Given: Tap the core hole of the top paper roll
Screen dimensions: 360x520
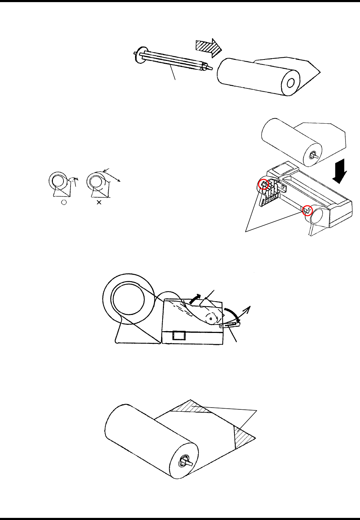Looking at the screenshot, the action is [291, 83].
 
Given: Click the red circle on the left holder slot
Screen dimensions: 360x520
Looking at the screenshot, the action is [263, 184].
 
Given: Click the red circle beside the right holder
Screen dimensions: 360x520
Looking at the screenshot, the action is [308, 210].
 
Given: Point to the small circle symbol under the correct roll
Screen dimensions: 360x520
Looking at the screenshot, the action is [63, 202].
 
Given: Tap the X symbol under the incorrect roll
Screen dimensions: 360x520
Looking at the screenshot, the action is [99, 203].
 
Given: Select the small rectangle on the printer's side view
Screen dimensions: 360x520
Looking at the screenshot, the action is [178, 335].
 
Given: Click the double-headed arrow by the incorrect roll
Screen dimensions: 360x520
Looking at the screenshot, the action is [113, 175].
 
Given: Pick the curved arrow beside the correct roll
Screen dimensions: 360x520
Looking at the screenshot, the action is [74, 180].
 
